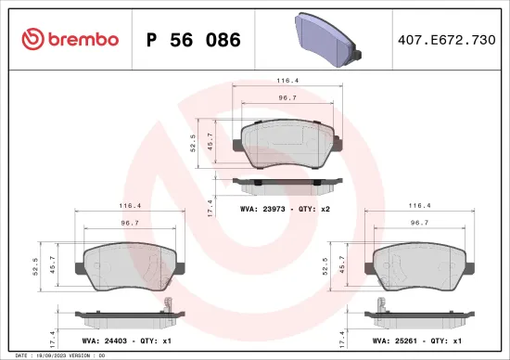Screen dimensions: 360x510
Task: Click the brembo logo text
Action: (x=78, y=39)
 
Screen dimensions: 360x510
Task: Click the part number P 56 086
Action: (x=194, y=40)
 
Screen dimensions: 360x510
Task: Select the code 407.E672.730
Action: (x=446, y=40)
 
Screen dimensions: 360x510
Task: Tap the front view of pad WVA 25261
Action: (x=419, y=263)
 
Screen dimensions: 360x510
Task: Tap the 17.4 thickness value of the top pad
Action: (x=210, y=207)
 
